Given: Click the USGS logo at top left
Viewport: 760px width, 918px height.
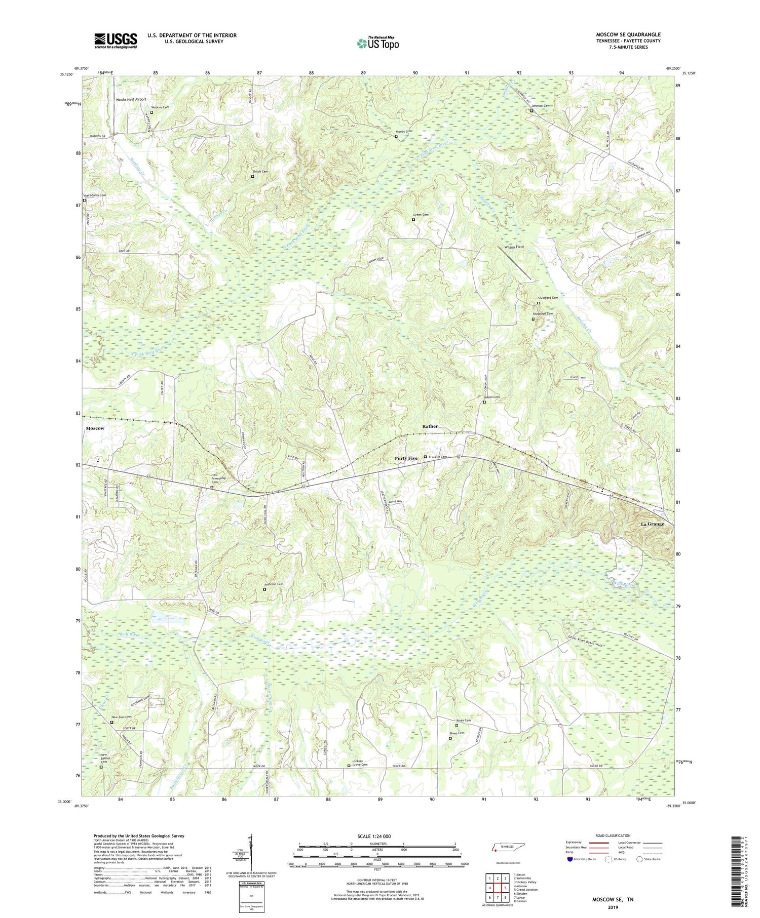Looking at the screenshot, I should (116, 41).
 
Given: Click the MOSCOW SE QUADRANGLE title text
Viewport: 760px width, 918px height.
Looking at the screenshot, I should (628, 34).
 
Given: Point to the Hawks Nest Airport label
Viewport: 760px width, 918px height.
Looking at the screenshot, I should (131, 100).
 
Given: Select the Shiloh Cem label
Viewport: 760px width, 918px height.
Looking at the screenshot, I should (260, 172).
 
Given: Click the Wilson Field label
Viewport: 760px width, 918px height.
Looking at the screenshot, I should (514, 247).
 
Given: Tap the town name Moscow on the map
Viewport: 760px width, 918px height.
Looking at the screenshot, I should (95, 428).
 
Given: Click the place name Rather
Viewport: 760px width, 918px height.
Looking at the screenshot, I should (430, 426).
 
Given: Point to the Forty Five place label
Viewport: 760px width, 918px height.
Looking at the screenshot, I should (406, 458).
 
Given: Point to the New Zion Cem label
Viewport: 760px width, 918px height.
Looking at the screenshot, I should (121, 717).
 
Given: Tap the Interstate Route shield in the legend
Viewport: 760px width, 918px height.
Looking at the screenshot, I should (569, 859).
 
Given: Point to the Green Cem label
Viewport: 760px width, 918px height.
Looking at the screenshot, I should (422, 215).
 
